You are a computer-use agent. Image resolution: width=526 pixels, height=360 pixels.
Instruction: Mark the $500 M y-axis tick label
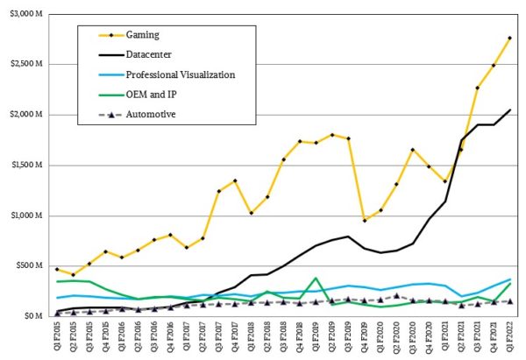click(29, 265)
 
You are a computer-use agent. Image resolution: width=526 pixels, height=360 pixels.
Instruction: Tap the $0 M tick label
click(33, 315)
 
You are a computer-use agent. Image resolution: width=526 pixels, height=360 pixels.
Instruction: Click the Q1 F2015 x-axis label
click(58, 337)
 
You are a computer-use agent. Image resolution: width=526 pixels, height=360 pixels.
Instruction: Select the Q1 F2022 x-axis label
click(509, 337)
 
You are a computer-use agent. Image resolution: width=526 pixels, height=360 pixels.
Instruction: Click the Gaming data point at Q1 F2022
click(509, 38)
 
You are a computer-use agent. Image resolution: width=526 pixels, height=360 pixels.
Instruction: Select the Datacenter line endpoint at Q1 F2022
click(509, 109)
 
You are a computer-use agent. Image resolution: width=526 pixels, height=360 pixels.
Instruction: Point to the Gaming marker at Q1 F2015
click(58, 269)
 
